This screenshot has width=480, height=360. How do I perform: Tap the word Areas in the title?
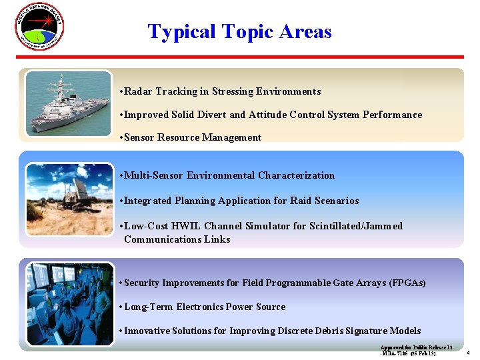(305, 31)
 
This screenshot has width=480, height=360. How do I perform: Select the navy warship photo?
(69, 103)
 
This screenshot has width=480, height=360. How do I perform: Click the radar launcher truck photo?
(69, 199)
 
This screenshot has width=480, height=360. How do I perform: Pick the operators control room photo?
(69, 303)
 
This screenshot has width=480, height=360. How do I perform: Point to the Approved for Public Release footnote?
(416, 350)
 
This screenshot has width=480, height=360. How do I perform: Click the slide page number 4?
(468, 352)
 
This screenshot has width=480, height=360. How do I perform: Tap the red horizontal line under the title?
(240, 57)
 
